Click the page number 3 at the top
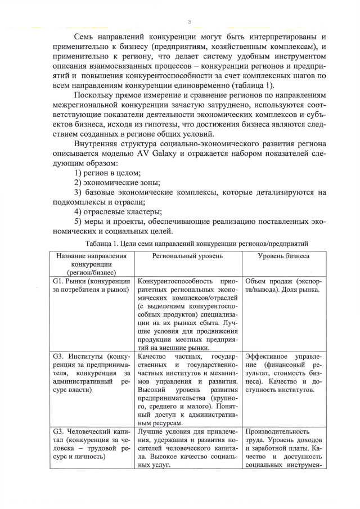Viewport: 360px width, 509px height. (190, 22)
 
